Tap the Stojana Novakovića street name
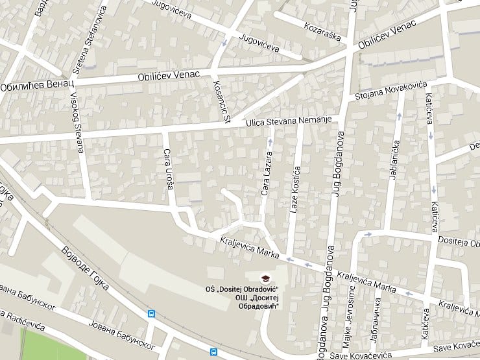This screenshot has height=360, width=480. [x=391, y=90]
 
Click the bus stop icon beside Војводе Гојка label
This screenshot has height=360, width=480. [x=151, y=314]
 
